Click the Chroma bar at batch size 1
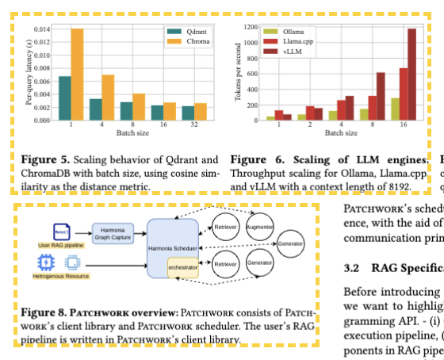(78, 75)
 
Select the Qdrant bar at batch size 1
(65, 98)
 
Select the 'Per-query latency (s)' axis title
(29, 72)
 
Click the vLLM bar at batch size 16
(411, 75)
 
